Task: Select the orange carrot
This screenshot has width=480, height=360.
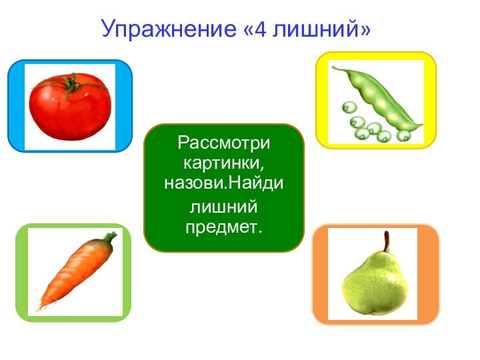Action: (74, 274)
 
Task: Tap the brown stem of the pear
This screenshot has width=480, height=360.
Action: (385, 241)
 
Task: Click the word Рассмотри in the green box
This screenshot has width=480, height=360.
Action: (224, 143)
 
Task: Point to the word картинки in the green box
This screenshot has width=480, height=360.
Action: (224, 162)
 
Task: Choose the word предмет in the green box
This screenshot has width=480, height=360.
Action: (224, 228)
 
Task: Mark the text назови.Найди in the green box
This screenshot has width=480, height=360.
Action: (224, 180)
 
